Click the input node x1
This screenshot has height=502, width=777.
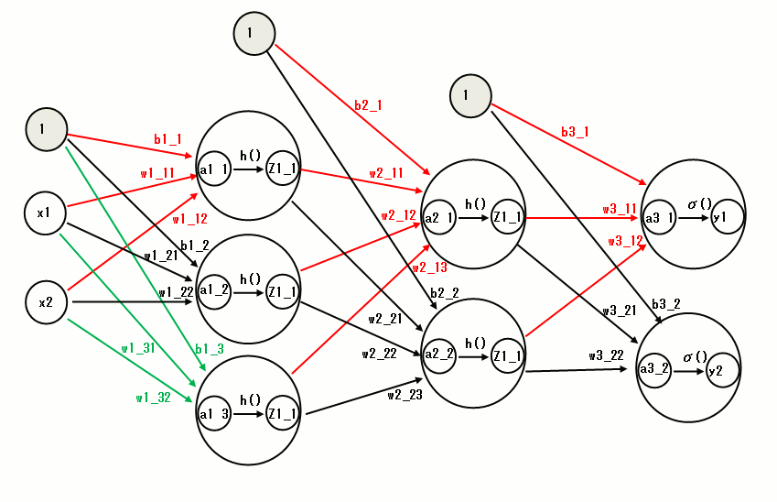click(x=44, y=214)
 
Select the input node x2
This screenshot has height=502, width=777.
click(x=44, y=302)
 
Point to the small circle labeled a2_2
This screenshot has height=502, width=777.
click(x=439, y=355)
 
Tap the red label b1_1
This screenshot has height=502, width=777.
click(x=167, y=139)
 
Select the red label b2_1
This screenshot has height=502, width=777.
click(x=368, y=105)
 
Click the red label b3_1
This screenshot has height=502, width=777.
click(x=575, y=132)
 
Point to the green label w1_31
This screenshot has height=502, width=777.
click(x=138, y=348)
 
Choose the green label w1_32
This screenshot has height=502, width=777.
click(x=152, y=398)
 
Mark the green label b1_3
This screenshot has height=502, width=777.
click(x=209, y=349)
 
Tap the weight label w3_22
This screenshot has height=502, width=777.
click(x=606, y=355)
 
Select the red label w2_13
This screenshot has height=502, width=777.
click(x=429, y=267)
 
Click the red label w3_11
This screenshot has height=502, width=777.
click(x=619, y=210)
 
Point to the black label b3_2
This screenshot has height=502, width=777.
click(x=665, y=304)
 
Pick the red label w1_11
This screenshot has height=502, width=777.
click(x=156, y=172)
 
